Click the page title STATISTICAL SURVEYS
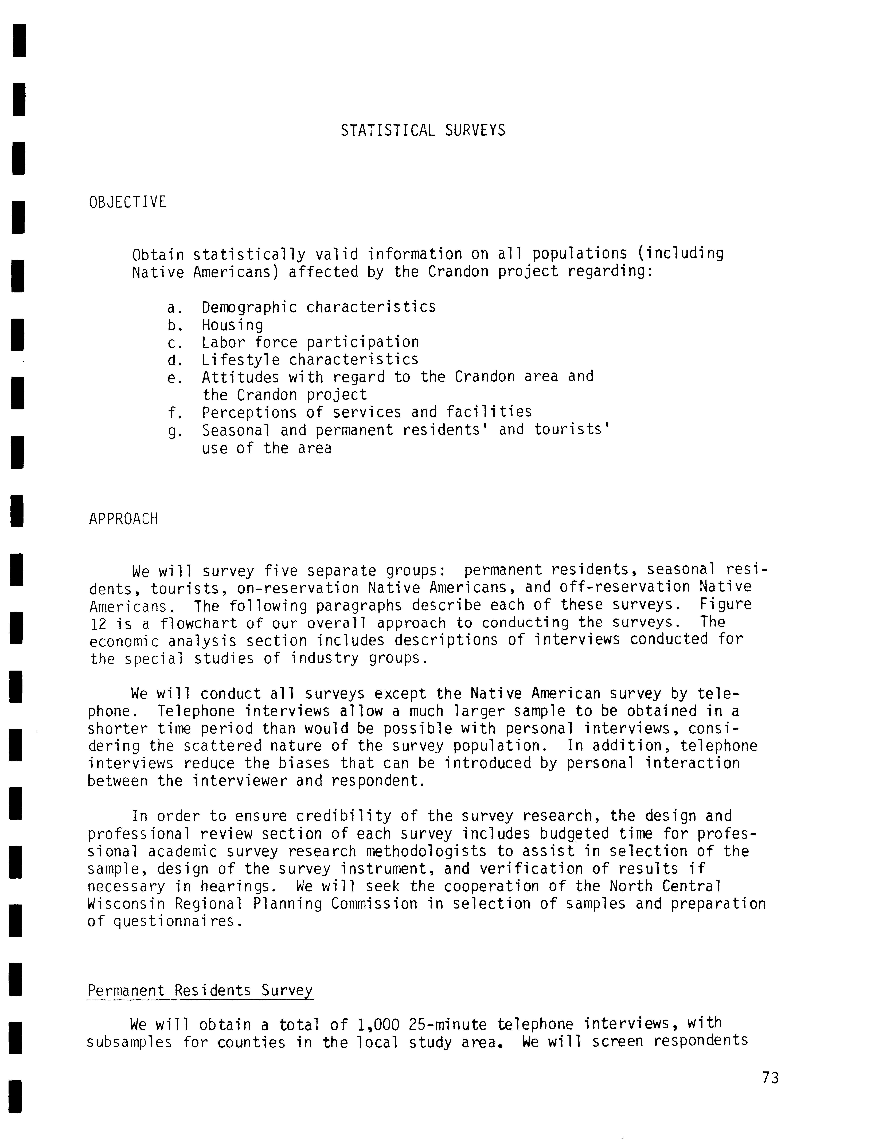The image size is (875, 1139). click(x=423, y=130)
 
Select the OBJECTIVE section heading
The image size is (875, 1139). click(x=128, y=202)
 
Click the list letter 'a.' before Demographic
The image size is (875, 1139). click(x=174, y=308)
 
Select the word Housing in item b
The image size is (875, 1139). click(x=232, y=326)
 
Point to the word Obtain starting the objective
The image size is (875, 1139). click(x=158, y=255)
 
